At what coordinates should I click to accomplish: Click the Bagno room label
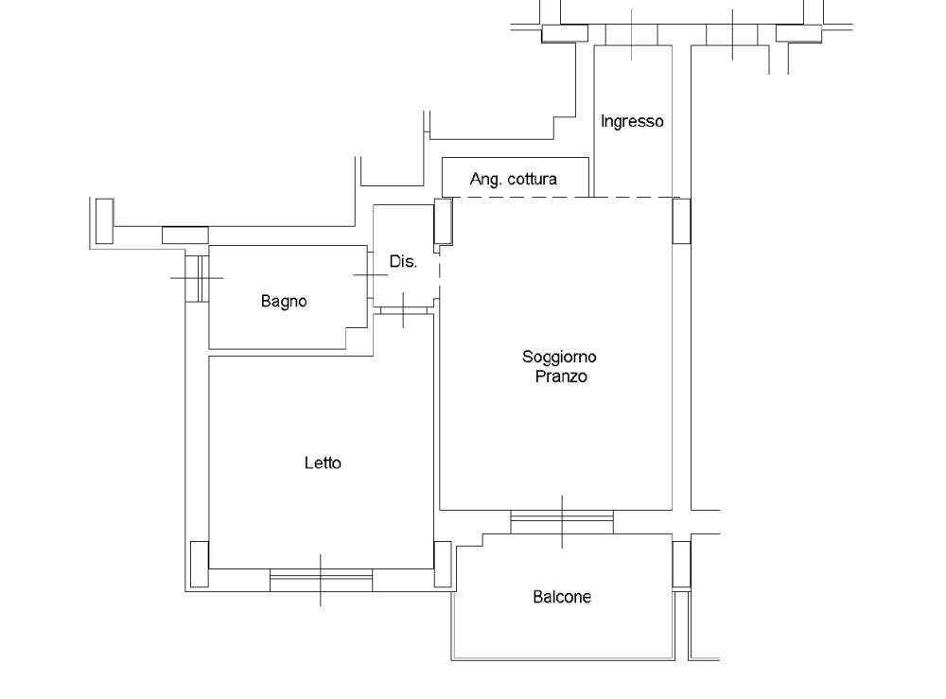click(x=284, y=301)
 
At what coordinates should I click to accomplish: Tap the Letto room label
click(x=323, y=463)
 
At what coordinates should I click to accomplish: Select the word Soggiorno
click(x=559, y=357)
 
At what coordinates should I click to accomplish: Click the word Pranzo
click(x=561, y=376)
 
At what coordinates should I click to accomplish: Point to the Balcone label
click(x=562, y=597)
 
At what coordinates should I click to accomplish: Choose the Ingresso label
click(x=632, y=121)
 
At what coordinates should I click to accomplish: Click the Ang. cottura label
click(x=514, y=179)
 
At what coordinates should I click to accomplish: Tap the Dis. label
click(x=403, y=262)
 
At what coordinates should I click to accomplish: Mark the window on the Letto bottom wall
click(x=321, y=580)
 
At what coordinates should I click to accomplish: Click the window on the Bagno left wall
click(x=197, y=278)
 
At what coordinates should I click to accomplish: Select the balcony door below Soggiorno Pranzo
click(x=562, y=522)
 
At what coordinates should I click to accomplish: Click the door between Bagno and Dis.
click(x=370, y=275)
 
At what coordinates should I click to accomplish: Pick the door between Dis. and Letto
click(x=404, y=310)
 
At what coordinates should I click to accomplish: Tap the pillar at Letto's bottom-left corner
click(x=199, y=564)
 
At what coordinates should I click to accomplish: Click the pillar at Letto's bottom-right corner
click(x=442, y=564)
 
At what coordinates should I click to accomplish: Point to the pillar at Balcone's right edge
click(x=681, y=564)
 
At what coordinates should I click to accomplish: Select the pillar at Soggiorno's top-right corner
click(x=681, y=221)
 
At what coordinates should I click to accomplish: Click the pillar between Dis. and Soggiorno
click(x=444, y=221)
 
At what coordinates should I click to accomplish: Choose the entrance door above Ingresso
click(x=632, y=35)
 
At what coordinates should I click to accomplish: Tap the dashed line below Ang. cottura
click(x=562, y=197)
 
